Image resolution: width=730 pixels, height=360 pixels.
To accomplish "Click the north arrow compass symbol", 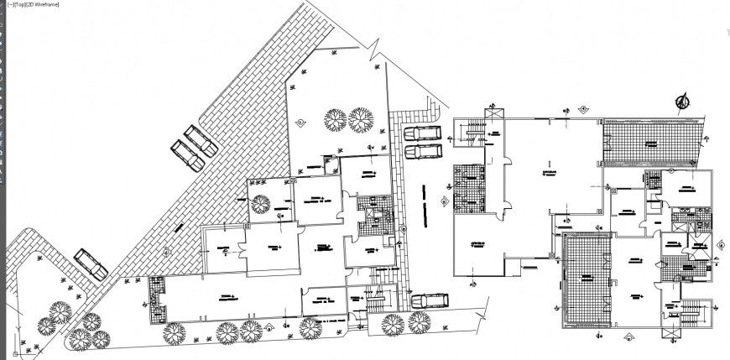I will coord(681,102).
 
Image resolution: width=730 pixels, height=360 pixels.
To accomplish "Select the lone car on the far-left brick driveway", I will coord(91,264).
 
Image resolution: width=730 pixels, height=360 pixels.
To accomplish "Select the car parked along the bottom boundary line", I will coord(428,300).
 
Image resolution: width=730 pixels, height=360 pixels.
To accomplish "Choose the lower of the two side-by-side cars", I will coord(422,151).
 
